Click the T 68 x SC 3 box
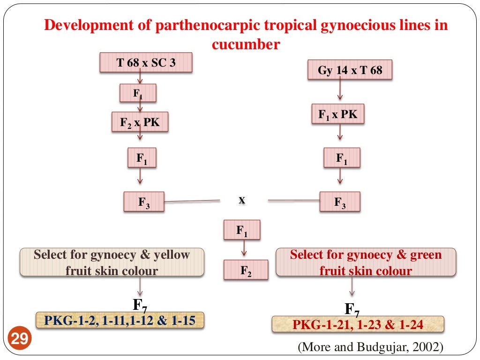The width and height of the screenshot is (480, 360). (x=146, y=62)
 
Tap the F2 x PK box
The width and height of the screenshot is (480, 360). (x=140, y=122)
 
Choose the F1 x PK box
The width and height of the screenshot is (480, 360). (x=337, y=113)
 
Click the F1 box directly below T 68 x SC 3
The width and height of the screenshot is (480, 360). (x=138, y=93)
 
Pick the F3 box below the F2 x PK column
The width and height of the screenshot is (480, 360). (x=144, y=202)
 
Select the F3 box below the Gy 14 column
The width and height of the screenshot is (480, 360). (x=340, y=202)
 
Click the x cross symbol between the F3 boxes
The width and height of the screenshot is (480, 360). (x=242, y=200)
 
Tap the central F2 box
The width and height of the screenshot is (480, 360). (x=246, y=270)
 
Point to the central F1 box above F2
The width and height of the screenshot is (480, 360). (x=242, y=230)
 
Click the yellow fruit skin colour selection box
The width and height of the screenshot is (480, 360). (x=112, y=262)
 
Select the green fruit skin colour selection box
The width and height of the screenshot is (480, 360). (x=366, y=262)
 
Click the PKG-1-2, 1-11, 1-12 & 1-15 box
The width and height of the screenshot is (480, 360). (x=120, y=321)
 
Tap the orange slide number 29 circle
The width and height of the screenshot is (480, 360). (x=19, y=338)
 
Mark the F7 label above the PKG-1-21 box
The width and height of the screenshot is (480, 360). (x=352, y=309)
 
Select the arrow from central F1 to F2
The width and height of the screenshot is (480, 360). (x=242, y=249)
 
